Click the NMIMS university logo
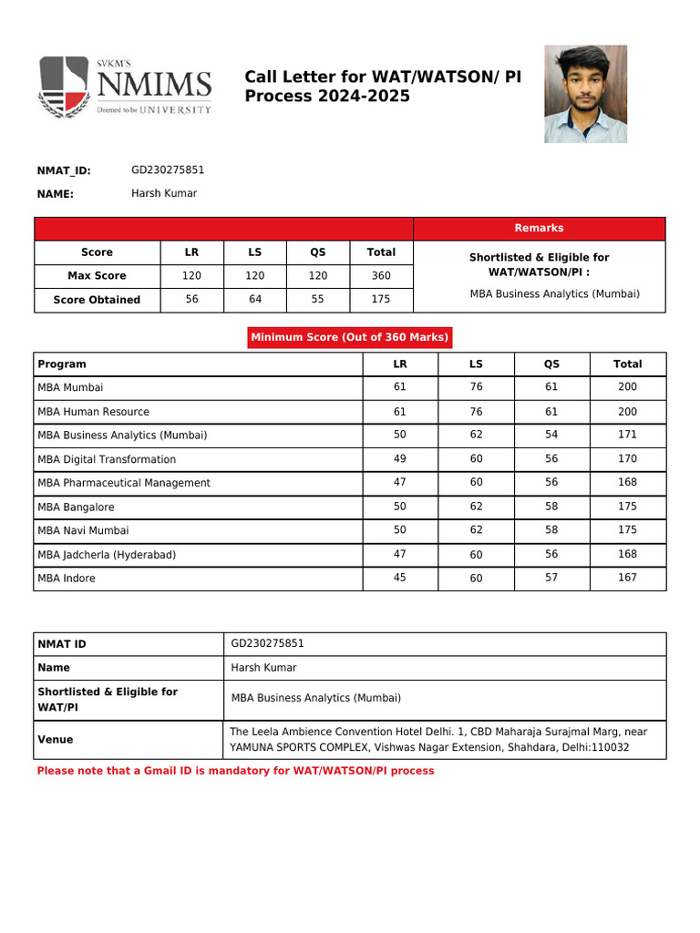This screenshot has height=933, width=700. [124, 86]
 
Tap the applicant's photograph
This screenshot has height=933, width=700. [585, 94]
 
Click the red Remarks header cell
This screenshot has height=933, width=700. [539, 229]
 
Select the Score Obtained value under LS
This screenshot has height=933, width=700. [255, 299]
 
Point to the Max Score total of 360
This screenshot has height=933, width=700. [381, 275]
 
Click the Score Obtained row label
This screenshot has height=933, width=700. [97, 300]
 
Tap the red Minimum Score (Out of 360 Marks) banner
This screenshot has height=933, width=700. [350, 337]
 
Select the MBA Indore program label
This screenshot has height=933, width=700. [67, 579]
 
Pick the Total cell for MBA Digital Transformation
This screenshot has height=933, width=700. [627, 459]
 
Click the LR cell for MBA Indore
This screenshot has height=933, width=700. [399, 578]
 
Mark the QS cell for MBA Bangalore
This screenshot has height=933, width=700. [551, 507]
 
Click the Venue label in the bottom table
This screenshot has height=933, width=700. [56, 740]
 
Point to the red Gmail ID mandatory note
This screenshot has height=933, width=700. [235, 771]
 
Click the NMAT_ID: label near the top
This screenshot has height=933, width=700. [64, 170]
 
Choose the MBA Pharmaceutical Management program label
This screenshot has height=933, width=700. [124, 483]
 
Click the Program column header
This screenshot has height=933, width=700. [62, 364]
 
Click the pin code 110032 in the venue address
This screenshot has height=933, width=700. [610, 748]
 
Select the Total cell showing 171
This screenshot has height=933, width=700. [627, 436]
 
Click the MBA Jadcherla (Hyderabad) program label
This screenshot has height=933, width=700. [107, 555]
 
